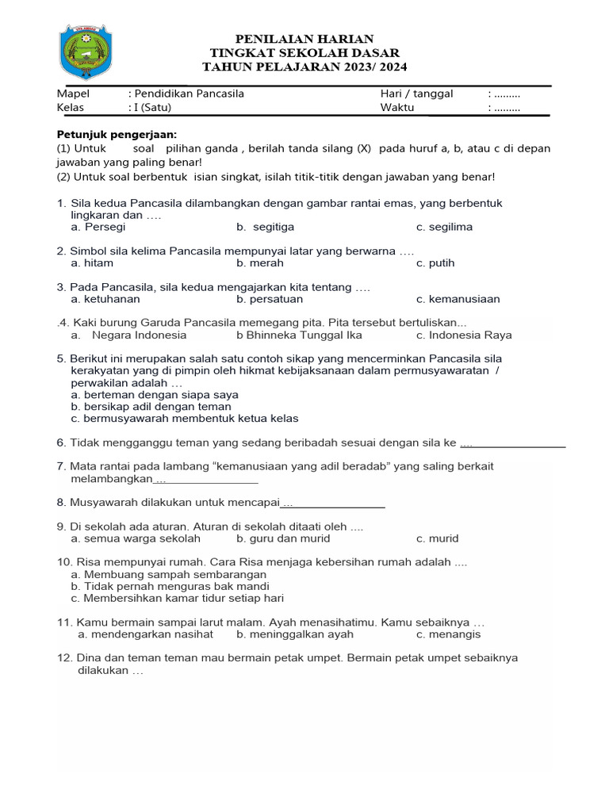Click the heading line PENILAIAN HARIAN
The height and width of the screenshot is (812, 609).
click(304, 39)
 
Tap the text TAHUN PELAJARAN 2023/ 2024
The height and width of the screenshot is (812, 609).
click(304, 67)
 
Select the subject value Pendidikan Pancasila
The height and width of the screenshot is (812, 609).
click(189, 94)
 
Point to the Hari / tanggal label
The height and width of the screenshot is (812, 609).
click(416, 94)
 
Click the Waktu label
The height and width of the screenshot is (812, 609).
click(397, 108)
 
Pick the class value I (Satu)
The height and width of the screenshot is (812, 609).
click(152, 108)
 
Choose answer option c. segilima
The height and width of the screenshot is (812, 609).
click(444, 227)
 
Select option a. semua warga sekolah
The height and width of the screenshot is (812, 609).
click(135, 538)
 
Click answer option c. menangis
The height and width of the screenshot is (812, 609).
click(448, 634)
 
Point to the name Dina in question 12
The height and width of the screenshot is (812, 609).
click(90, 658)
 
